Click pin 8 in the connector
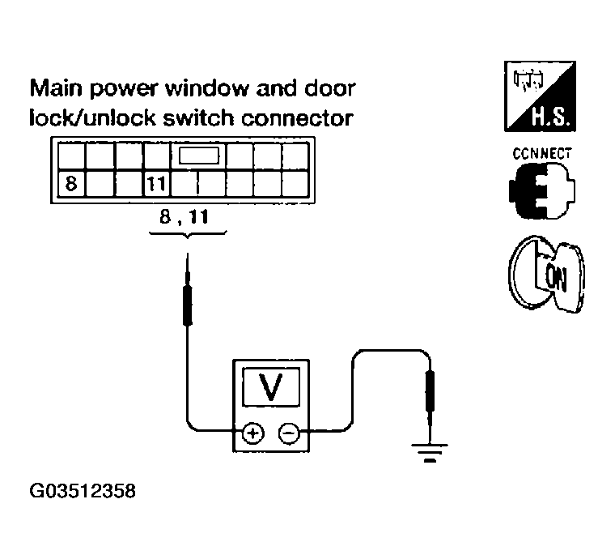pos(71,184)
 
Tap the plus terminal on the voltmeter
pos(252,433)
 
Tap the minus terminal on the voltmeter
pos(288,433)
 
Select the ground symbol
pos(430,453)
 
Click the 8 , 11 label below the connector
pos(188,216)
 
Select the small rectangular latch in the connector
pos(200,156)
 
